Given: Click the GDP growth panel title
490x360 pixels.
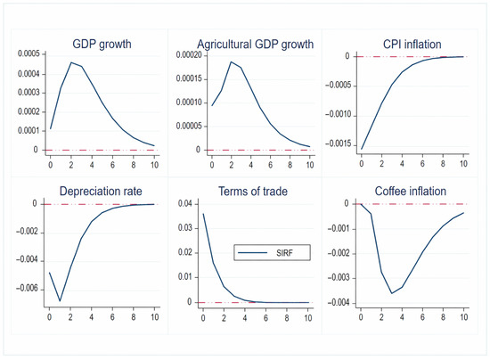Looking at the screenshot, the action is pyautogui.click(x=102, y=44).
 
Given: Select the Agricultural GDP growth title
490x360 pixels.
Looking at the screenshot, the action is pyautogui.click(x=256, y=45).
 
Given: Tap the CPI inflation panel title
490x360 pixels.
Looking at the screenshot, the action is pyautogui.click(x=412, y=44).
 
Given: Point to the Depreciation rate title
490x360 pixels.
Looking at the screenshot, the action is pyautogui.click(x=101, y=191).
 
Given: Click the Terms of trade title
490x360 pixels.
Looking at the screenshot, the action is pyautogui.click(x=253, y=191).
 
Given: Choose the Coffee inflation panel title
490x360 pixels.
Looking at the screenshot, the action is pyautogui.click(x=411, y=191).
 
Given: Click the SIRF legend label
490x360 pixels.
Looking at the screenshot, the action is pyautogui.click(x=284, y=253).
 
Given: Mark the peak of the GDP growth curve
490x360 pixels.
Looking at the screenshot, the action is pyautogui.click(x=71, y=62).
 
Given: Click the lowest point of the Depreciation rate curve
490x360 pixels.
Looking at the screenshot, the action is pyautogui.click(x=60, y=300).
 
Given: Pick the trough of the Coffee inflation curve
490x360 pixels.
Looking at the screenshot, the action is pyautogui.click(x=392, y=293).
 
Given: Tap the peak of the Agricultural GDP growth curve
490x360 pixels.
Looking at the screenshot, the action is pyautogui.click(x=232, y=61).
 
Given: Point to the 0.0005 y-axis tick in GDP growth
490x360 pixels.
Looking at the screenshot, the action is pyautogui.click(x=29, y=54).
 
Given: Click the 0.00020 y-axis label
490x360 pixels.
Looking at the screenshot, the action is pyautogui.click(x=189, y=55).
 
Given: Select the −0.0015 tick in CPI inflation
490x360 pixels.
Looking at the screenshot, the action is pyautogui.click(x=339, y=144).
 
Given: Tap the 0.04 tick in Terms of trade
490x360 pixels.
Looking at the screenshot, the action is pyautogui.click(x=185, y=204).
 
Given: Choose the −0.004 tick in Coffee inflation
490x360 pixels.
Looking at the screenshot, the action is pyautogui.click(x=339, y=302).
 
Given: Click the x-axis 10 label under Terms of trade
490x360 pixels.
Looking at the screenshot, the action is pyautogui.click(x=308, y=318).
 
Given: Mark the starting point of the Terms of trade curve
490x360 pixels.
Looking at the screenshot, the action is pyautogui.click(x=203, y=214).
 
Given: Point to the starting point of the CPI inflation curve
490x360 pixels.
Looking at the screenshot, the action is pyautogui.click(x=362, y=149).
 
